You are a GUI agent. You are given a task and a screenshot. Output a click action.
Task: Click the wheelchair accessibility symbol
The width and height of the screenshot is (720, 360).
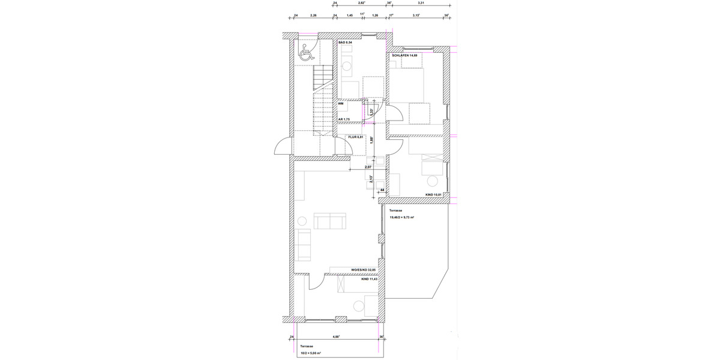point(305,52)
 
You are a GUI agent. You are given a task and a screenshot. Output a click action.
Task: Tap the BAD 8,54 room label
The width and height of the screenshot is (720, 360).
point(346,43)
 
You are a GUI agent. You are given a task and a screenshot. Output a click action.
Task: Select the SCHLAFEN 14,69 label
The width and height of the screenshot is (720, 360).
point(405,55)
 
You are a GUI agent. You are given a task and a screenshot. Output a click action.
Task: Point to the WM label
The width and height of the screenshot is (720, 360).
point(341,104)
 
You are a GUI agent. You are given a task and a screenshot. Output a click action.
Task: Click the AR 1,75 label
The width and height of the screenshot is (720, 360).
point(344,119)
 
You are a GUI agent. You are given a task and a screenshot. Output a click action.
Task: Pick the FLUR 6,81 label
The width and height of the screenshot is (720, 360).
point(356,137)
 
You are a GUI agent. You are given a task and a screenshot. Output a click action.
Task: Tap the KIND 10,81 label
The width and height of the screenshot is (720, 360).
point(433,194)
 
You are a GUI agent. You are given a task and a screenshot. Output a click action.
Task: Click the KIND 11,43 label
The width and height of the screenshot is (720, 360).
point(369,279)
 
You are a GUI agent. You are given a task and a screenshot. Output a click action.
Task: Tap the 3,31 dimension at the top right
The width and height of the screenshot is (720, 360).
point(418,3)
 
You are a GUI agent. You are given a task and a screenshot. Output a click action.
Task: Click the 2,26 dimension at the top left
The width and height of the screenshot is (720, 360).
point(313,16)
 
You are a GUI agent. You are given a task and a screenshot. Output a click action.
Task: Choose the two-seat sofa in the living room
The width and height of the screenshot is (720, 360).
point(329,222)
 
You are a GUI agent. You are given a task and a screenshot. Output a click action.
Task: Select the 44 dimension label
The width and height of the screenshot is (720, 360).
point(382,190)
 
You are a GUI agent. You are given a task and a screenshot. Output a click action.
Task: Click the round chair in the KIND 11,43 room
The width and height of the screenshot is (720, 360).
point(359,306)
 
